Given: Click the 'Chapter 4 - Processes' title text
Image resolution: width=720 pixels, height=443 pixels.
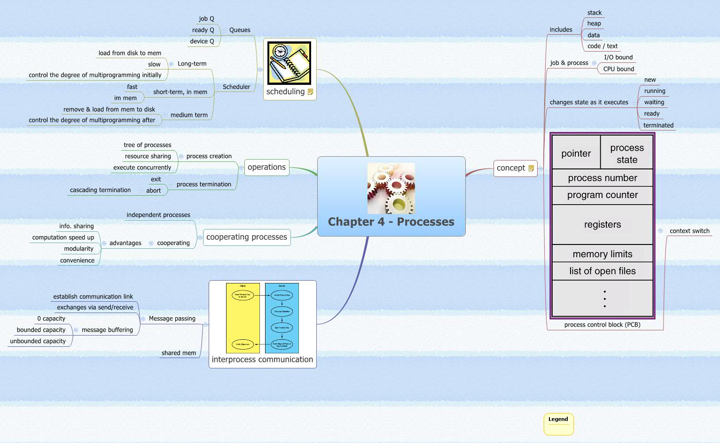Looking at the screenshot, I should pyautogui.click(x=391, y=222).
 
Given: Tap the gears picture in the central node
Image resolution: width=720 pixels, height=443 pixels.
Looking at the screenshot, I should pyautogui.click(x=391, y=188).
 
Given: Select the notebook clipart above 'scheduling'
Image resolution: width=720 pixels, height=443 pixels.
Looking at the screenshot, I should pyautogui.click(x=289, y=63).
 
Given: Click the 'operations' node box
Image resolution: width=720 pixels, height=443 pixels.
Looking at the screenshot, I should pyautogui.click(x=266, y=168).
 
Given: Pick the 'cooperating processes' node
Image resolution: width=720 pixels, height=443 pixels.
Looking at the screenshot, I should pyautogui.click(x=246, y=237).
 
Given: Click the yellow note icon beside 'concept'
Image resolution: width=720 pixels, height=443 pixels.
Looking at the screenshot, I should pyautogui.click(x=531, y=168).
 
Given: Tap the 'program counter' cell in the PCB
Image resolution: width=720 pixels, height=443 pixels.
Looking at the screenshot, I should pyautogui.click(x=602, y=195).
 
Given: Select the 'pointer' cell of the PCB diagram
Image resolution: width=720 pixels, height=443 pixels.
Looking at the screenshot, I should pyautogui.click(x=576, y=153).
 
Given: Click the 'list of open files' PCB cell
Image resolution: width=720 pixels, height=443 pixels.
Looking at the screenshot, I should pyautogui.click(x=602, y=271).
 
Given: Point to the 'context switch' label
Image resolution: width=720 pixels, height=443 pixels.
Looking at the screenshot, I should pyautogui.click(x=689, y=231).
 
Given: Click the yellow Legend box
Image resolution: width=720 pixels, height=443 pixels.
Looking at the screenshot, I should pyautogui.click(x=558, y=424).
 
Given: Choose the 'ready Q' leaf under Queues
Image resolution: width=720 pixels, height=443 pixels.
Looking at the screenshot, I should pyautogui.click(x=203, y=30).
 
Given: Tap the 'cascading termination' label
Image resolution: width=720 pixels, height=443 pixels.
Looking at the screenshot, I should pyautogui.click(x=100, y=190).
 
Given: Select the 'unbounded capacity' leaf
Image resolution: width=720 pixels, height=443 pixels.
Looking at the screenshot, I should pyautogui.click(x=38, y=341).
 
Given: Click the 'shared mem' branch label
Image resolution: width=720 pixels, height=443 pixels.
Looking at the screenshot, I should pyautogui.click(x=179, y=353).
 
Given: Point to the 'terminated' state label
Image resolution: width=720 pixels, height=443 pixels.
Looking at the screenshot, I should pyautogui.click(x=658, y=125).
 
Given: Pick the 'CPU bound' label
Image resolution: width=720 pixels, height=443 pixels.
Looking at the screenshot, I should pyautogui.click(x=618, y=69).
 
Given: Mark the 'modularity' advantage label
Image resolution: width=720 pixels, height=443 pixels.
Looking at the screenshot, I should pyautogui.click(x=78, y=249).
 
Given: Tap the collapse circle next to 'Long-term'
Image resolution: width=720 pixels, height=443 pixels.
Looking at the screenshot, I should pyautogui.click(x=171, y=64).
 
